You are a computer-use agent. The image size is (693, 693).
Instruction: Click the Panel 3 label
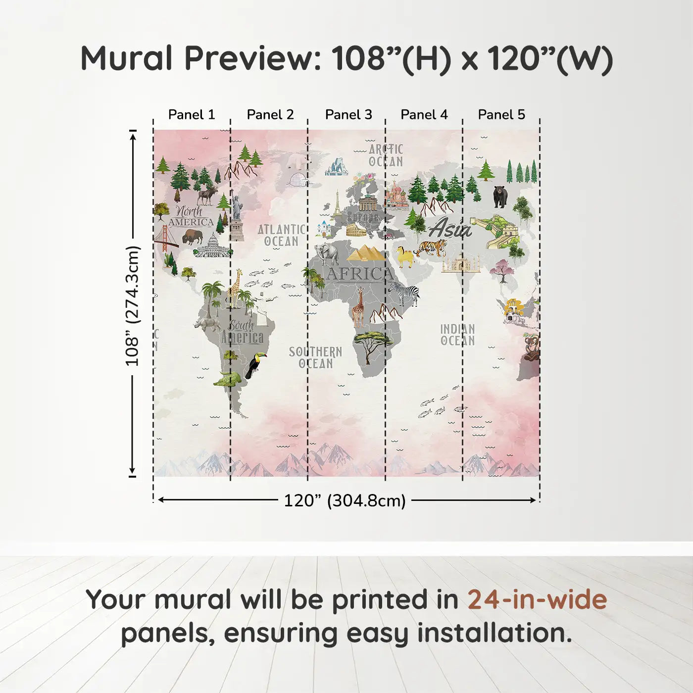point(348,115)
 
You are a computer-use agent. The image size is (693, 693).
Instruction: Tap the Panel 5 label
point(501,115)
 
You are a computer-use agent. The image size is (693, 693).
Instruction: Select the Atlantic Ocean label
point(282,235)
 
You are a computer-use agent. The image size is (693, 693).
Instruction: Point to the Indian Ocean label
point(457,335)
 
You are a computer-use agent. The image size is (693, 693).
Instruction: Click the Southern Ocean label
point(315,357)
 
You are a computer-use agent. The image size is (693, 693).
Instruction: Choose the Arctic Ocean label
point(386,156)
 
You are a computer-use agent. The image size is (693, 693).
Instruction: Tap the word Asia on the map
point(450,228)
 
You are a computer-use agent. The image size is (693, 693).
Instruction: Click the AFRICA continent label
point(360,274)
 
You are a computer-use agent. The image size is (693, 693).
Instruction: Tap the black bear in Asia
point(500,197)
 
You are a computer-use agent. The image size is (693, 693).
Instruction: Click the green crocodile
point(227,379)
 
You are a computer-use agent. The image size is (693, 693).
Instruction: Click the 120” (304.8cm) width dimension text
point(345,500)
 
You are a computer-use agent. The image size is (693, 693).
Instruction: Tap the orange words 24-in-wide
point(537,599)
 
